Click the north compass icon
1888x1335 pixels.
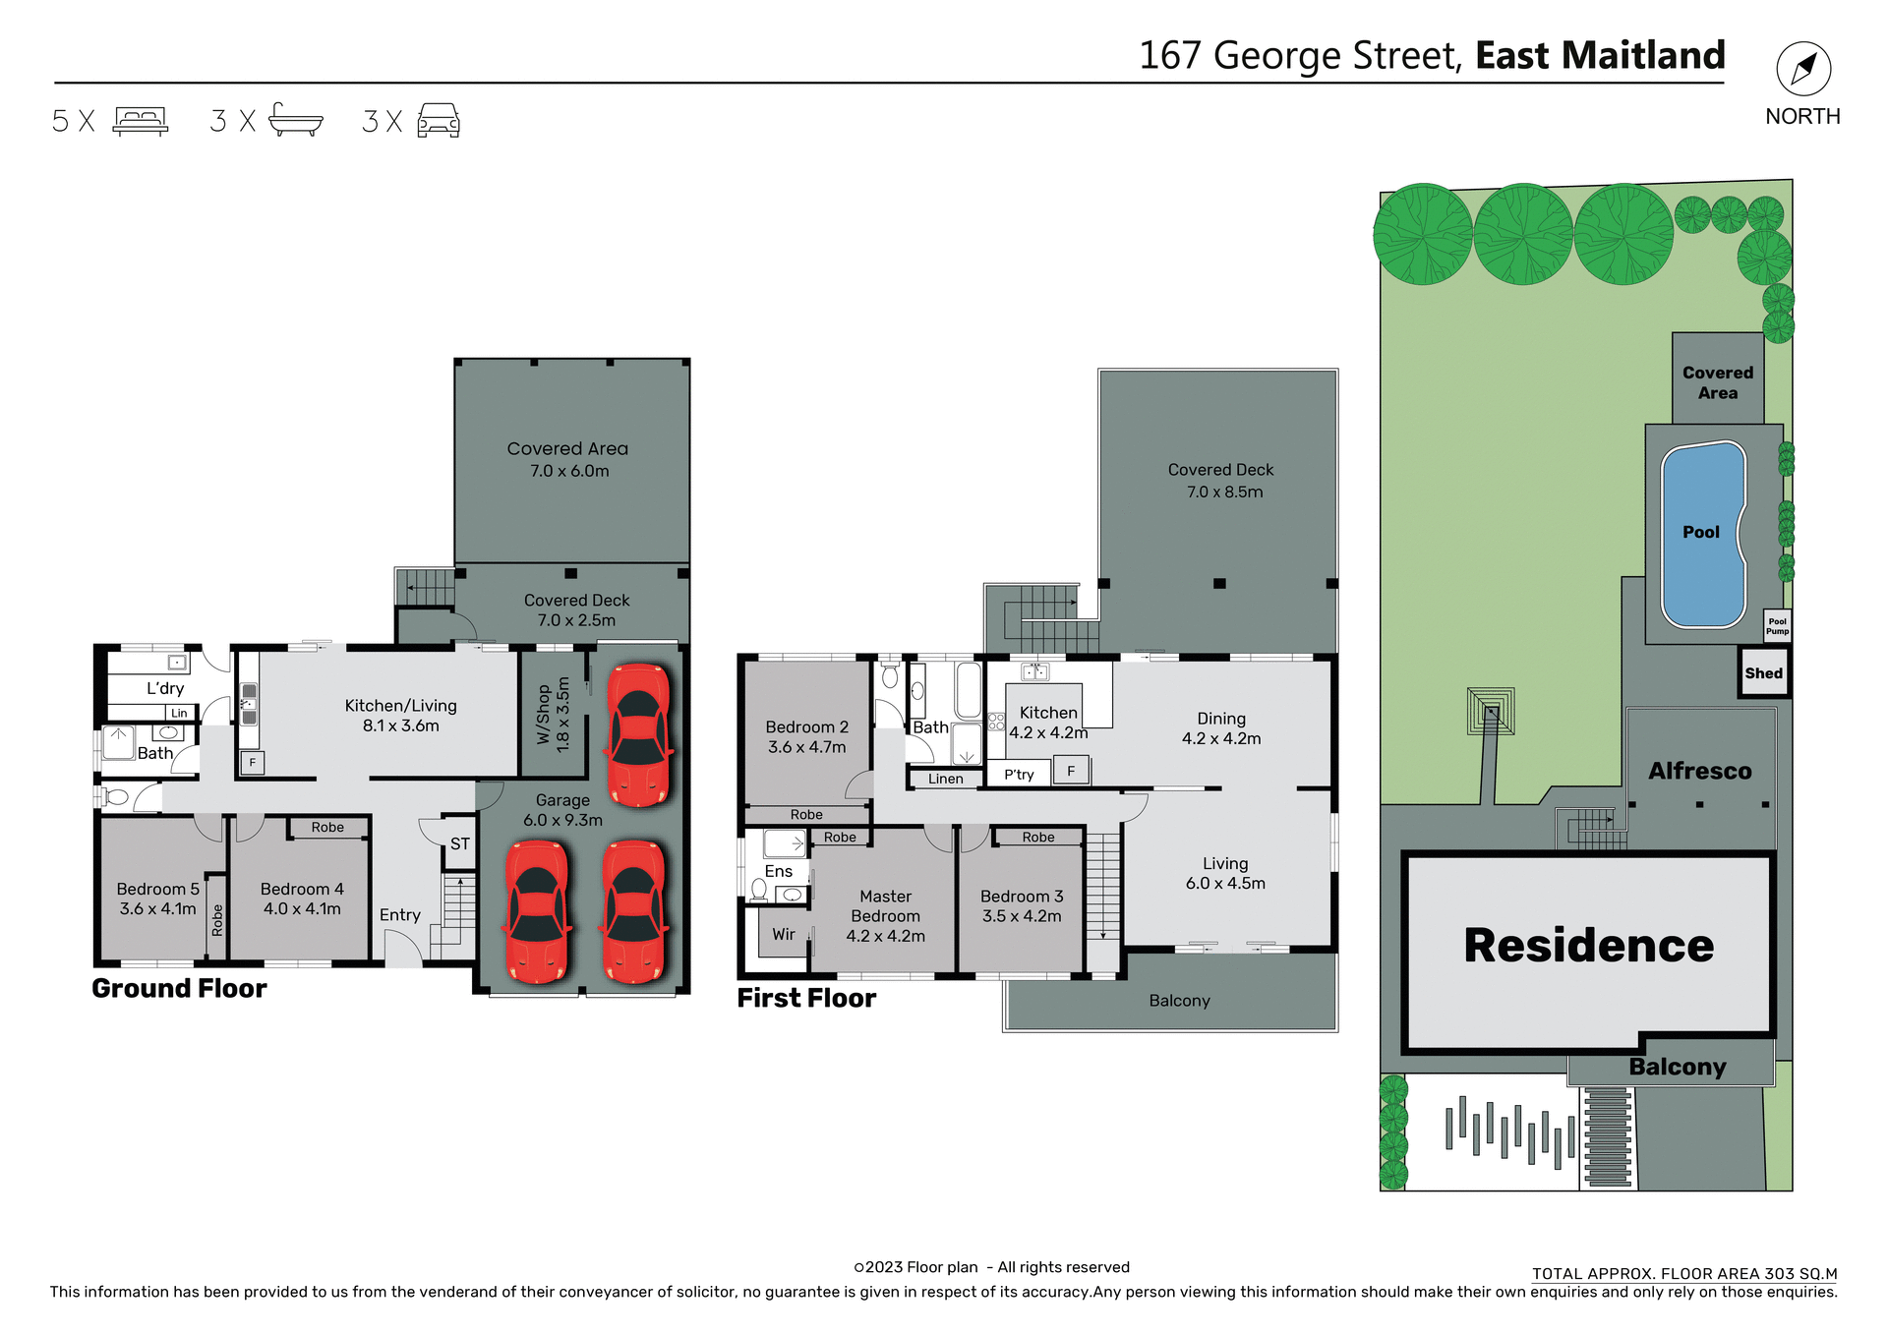[1802, 69]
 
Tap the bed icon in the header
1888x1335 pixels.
[141, 121]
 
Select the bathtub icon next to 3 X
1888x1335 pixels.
[295, 120]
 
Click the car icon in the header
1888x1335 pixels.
[439, 121]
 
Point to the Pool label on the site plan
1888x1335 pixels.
[1700, 532]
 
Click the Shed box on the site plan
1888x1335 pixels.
[1763, 673]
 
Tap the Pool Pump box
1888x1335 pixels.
[1777, 626]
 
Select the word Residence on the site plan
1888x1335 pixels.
[1588, 946]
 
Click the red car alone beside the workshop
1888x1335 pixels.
[639, 733]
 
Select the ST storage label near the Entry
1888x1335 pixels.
[459, 843]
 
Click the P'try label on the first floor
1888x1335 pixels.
[1019, 775]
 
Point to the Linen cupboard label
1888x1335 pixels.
[945, 779]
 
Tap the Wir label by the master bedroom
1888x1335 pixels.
[783, 934]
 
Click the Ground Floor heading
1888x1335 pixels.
[179, 989]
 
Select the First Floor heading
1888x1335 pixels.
[806, 999]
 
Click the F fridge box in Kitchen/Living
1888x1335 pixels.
[253, 762]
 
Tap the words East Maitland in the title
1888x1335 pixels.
[1600, 55]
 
